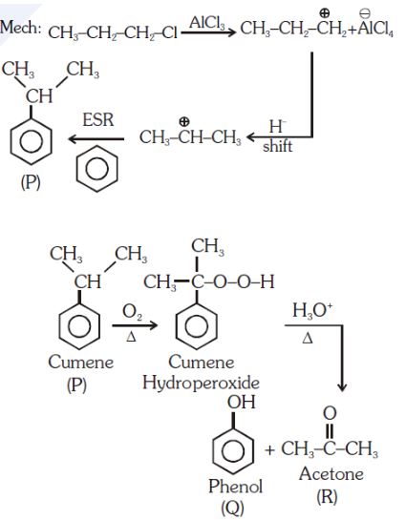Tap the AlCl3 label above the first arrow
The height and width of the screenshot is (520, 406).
[207, 23]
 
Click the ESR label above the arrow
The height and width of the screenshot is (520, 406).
[98, 119]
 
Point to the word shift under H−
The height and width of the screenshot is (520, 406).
[278, 146]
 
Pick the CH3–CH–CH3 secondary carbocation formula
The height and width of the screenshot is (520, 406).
[190, 136]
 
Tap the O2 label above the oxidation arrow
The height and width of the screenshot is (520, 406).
[132, 312]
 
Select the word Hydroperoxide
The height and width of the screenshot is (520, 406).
[201, 383]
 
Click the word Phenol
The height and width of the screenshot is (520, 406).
[235, 487]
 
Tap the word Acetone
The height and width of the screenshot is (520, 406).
[331, 474]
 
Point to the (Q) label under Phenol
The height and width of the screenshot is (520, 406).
[232, 508]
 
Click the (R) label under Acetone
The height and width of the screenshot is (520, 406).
[327, 496]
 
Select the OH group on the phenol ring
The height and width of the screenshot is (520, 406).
[242, 403]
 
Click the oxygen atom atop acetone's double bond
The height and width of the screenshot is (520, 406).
[330, 413]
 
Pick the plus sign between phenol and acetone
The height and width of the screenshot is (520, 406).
[270, 450]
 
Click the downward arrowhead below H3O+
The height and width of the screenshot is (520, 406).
[342, 387]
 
